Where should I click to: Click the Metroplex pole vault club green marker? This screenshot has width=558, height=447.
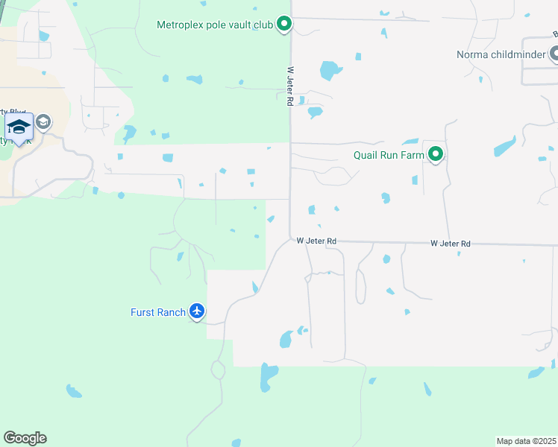[284, 25]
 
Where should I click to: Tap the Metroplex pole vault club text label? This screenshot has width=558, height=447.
[216, 25]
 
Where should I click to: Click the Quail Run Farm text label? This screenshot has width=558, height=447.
[389, 156]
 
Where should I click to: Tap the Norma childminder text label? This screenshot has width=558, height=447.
[501, 54]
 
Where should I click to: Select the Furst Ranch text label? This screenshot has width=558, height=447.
[158, 312]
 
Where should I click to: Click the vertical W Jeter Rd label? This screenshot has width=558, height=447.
[290, 86]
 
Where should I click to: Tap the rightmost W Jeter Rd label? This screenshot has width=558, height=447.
[451, 244]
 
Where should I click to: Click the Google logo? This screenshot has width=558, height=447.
[25, 438]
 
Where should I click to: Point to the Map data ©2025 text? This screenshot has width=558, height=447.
[526, 441]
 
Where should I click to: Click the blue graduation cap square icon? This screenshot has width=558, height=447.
[19, 126]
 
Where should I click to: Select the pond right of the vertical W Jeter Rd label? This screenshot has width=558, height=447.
[329, 70]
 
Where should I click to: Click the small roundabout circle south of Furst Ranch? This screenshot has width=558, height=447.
[219, 369]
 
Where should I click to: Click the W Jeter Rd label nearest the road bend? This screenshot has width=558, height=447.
[316, 241]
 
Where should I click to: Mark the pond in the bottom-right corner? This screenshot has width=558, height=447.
[536, 372]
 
